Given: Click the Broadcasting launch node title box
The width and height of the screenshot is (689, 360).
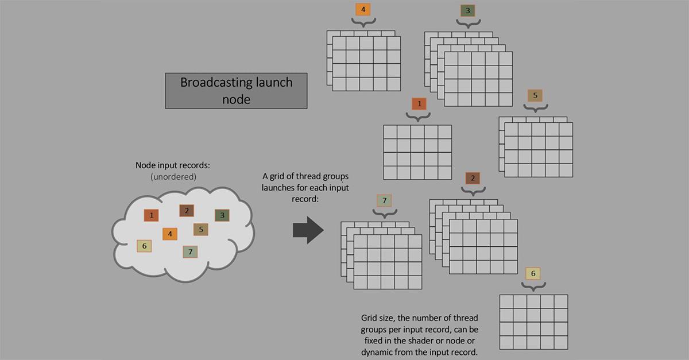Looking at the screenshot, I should [237, 91].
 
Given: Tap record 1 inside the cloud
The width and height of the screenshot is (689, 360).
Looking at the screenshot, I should [151, 215].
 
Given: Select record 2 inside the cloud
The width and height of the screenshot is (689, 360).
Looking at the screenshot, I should [187, 211].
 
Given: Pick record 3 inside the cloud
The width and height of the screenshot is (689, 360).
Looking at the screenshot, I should [222, 215].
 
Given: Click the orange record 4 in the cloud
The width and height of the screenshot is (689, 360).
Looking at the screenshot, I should [170, 234].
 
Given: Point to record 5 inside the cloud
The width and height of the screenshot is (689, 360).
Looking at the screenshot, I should [200, 230].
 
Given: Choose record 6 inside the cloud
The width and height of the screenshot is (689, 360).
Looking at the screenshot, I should [144, 246].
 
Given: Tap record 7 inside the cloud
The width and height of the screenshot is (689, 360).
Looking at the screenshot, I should [190, 251].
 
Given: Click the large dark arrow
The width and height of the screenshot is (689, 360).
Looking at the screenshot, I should [308, 230].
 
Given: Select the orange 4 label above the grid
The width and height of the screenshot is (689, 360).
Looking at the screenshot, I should [363, 9].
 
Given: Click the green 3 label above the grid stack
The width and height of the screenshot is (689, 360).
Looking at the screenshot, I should [468, 10].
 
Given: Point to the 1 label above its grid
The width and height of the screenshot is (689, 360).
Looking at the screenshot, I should [419, 104].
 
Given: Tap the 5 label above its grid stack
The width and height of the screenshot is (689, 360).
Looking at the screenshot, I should [535, 95].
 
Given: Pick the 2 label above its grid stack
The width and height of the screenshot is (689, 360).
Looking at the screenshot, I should [473, 178].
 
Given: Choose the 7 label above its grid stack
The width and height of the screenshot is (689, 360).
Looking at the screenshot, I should [385, 200].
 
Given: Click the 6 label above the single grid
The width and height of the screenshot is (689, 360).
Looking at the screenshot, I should [533, 273].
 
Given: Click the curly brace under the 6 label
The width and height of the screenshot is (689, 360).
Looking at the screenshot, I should [533, 285].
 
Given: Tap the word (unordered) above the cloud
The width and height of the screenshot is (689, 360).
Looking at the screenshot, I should [173, 177].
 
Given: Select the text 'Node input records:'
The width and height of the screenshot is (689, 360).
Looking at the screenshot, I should [173, 165].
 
